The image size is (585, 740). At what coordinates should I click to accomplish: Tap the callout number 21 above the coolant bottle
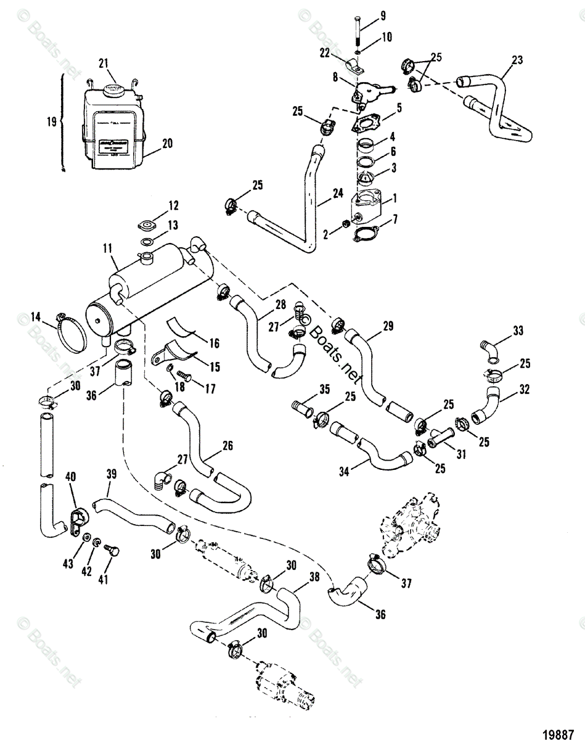point(103,62)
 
